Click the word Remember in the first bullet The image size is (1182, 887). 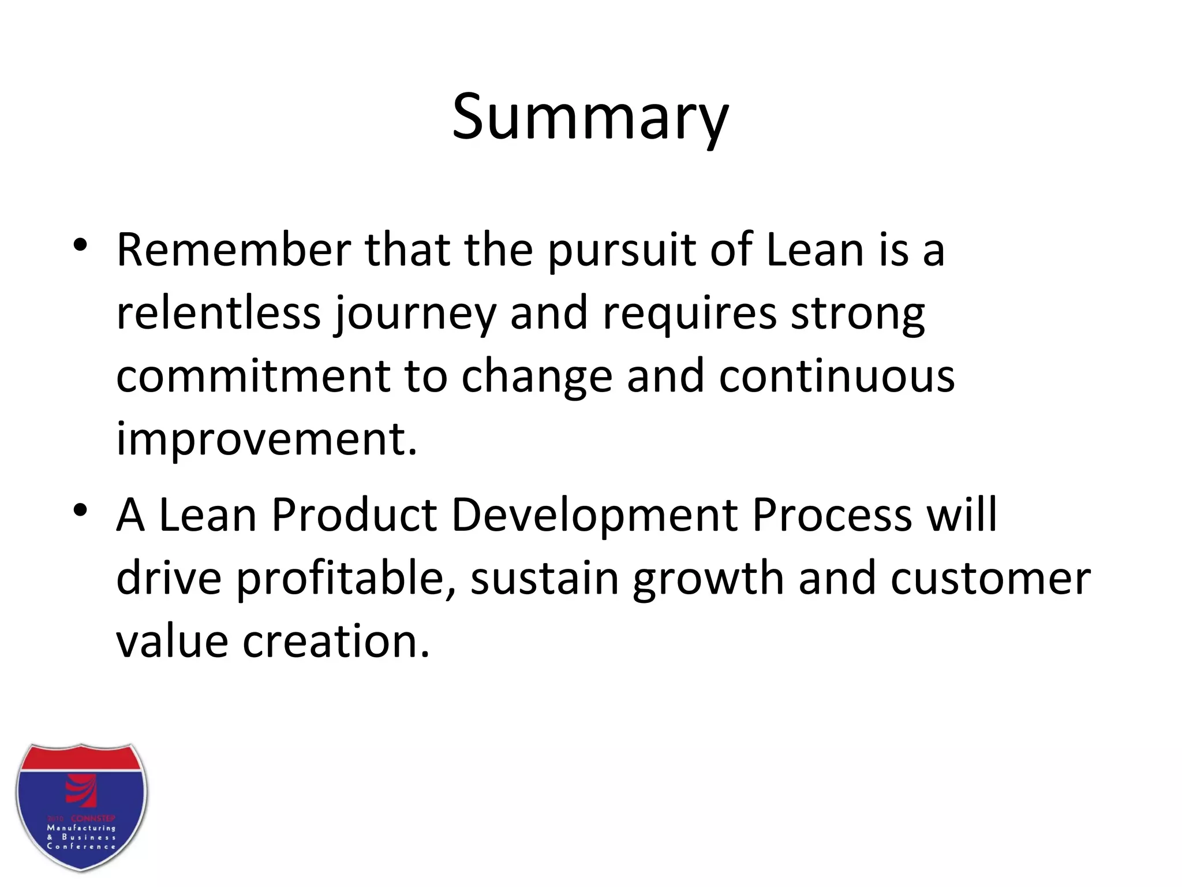tap(234, 250)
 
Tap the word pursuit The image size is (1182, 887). tap(621, 251)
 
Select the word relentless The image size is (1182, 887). tap(218, 313)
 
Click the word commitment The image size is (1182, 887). tap(253, 377)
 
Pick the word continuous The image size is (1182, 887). tap(836, 377)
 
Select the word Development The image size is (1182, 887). tap(594, 516)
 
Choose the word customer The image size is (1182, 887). tap(990, 579)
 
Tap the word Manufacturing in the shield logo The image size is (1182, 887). tap(81, 828)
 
